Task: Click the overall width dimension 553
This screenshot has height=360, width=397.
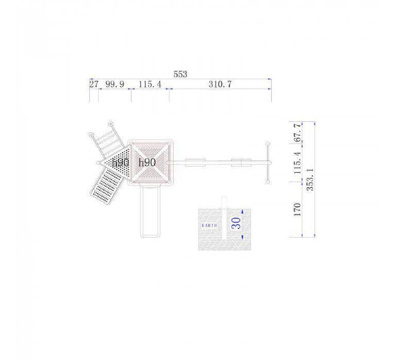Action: (180, 74)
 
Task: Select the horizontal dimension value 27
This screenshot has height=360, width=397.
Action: (94, 84)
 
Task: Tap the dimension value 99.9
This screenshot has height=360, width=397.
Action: (114, 84)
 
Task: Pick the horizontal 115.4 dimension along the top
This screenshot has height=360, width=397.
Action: (150, 84)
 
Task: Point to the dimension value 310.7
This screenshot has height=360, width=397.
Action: (220, 84)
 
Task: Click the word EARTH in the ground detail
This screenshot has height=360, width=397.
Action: (210, 225)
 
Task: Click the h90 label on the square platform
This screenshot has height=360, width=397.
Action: (147, 163)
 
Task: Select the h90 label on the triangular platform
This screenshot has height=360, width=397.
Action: (120, 163)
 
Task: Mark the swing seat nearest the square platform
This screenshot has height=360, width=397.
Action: (195, 163)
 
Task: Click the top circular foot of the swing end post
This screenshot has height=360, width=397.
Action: (268, 144)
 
